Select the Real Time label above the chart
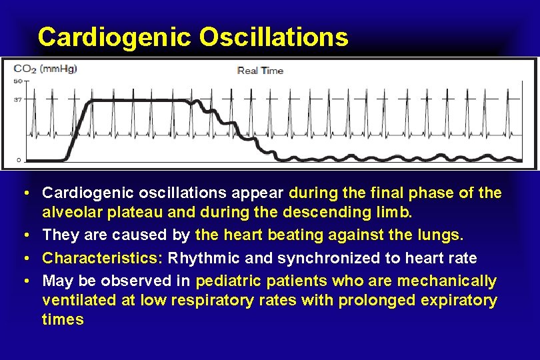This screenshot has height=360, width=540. [261, 71]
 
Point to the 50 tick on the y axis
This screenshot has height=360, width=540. [18, 81]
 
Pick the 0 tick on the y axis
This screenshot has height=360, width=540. [19, 160]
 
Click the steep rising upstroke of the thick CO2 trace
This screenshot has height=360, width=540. [79, 130]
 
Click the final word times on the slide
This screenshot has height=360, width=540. [63, 320]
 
